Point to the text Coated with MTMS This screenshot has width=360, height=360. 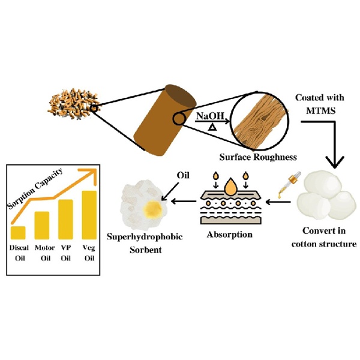click(315, 104)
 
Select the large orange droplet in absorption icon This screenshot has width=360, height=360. click(230, 188)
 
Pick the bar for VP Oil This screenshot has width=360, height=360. click(65, 219)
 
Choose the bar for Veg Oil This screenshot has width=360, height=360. click(89, 214)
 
